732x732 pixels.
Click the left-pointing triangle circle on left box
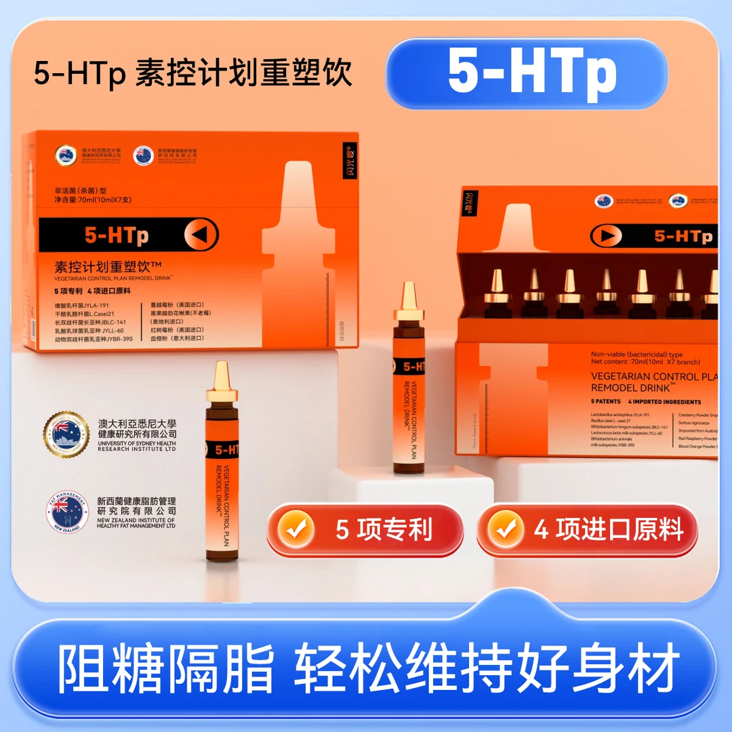click(x=201, y=235)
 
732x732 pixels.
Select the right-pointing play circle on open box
click(x=605, y=236)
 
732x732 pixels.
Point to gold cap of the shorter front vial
click(x=221, y=383)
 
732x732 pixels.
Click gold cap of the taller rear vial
click(x=408, y=302)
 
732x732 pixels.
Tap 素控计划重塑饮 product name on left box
click(x=110, y=266)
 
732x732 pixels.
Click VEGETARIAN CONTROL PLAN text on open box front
click(x=654, y=377)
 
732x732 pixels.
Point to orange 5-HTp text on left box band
click(x=117, y=235)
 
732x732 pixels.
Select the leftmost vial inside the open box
click(x=497, y=291)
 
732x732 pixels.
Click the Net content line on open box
click(x=645, y=362)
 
